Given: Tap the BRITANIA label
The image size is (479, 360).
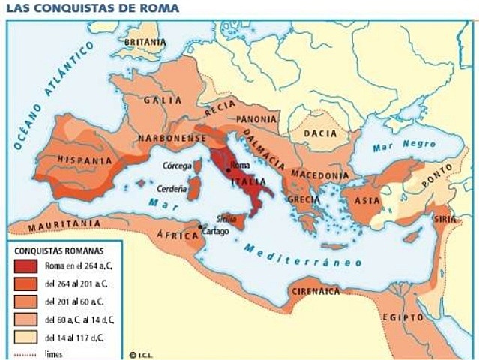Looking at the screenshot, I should (145, 43).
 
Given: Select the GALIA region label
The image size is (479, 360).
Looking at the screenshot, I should (162, 100).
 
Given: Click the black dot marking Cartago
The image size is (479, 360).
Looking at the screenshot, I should (200, 226).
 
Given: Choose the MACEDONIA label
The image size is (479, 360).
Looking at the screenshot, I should (319, 175).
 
